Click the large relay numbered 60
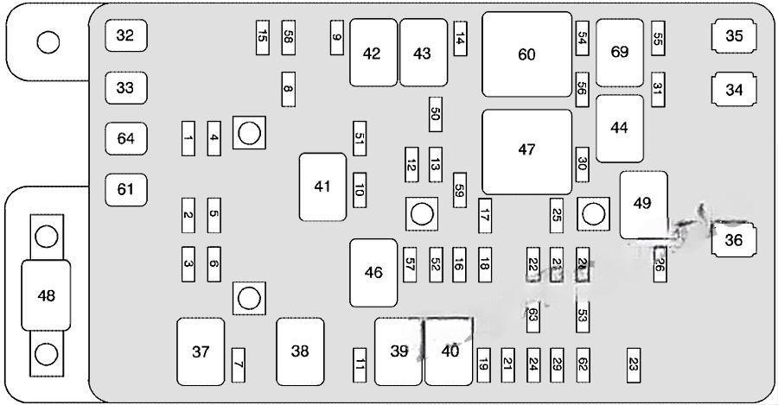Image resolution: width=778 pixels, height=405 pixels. click(x=526, y=54)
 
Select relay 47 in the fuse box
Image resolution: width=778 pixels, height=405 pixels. click(x=526, y=150)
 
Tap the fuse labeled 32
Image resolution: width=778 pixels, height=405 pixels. click(x=126, y=35)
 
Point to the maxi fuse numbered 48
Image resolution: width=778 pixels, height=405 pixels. click(x=47, y=296)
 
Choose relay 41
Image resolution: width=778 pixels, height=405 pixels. click(x=322, y=186)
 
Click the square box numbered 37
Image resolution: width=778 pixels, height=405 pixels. click(x=201, y=351)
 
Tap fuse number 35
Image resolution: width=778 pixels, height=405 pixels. click(x=734, y=35)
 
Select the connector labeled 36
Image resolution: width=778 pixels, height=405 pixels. click(x=734, y=241)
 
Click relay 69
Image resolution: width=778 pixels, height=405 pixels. click(x=619, y=53)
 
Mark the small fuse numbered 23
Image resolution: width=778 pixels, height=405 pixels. click(x=635, y=364)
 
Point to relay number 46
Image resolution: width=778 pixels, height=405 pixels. click(x=373, y=273)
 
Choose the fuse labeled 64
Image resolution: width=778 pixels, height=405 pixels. click(x=126, y=138)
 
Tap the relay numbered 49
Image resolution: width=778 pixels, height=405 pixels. click(x=642, y=204)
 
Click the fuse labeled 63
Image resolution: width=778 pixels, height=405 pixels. click(x=533, y=314)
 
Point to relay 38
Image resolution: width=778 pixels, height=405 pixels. click(x=299, y=351)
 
